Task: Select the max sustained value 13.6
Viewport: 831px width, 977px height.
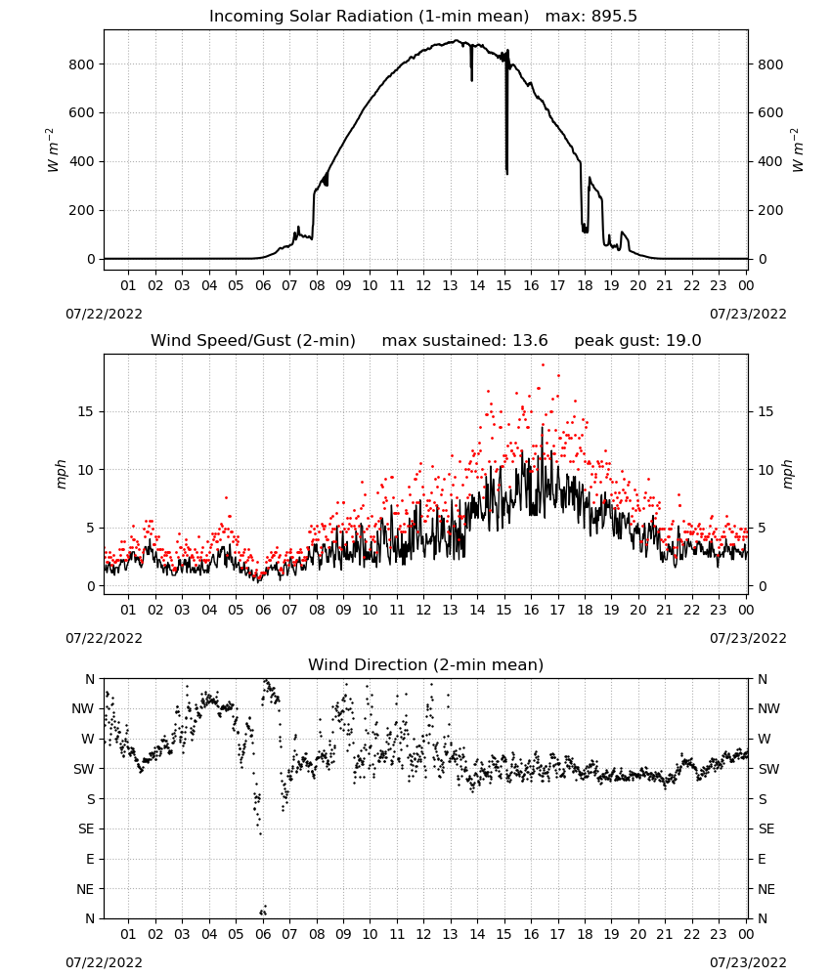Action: [x=530, y=341]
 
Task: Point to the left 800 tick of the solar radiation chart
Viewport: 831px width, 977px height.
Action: [x=82, y=64]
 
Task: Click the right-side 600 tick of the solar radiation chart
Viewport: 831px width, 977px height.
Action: [x=770, y=112]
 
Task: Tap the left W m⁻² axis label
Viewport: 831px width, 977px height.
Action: [x=53, y=150]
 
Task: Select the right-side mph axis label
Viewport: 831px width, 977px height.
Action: [x=787, y=474]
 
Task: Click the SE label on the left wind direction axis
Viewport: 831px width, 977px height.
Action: [x=87, y=828]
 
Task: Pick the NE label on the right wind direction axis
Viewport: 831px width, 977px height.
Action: [x=766, y=889]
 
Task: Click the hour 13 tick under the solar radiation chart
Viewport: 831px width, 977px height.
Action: [x=450, y=285]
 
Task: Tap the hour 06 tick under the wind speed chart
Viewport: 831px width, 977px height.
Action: [x=263, y=610]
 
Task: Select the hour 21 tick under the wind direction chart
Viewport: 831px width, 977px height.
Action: [x=665, y=934]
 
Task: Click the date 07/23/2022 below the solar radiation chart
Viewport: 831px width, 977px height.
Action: [x=748, y=314]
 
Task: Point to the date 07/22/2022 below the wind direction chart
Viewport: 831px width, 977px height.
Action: [x=104, y=962]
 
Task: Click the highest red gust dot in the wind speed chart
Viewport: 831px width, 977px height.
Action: [x=543, y=365]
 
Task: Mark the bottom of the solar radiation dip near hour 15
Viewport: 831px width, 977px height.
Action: [x=506, y=174]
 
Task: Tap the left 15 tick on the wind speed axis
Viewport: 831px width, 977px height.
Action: [x=85, y=411]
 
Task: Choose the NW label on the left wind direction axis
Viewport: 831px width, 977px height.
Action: [x=83, y=709]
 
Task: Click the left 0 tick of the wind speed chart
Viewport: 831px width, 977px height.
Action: [x=91, y=586]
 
